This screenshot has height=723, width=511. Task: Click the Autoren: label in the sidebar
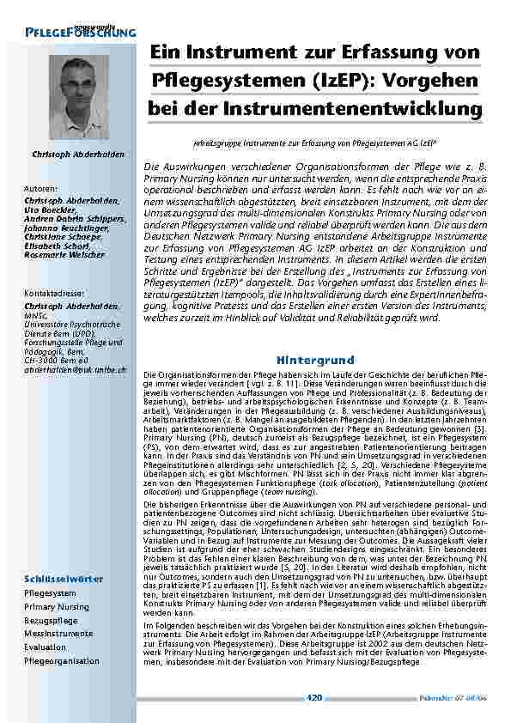pos(42,187)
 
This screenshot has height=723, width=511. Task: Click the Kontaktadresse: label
pos(54,294)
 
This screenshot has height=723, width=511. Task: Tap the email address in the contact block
pos(76,369)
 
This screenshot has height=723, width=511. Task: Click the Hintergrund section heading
pos(310,358)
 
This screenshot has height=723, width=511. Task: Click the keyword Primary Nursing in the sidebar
pos(57,606)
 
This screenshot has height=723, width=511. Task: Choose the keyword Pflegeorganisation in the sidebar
pos(62,661)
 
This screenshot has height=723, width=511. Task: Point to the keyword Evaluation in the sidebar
pos(45,647)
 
